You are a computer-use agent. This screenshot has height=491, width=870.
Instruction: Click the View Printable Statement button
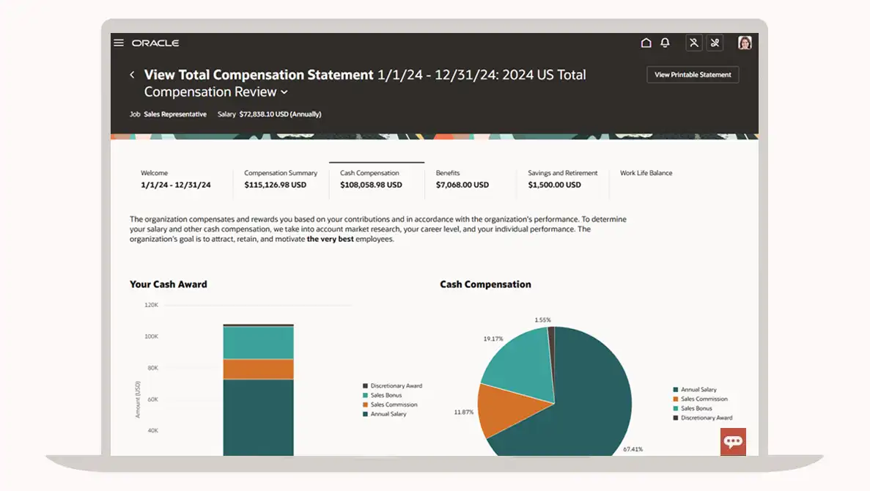(x=693, y=75)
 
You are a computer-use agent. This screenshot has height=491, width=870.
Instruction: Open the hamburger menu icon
(x=119, y=43)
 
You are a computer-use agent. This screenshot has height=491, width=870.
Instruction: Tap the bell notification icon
(x=665, y=43)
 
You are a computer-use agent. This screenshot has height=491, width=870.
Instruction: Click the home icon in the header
(x=646, y=43)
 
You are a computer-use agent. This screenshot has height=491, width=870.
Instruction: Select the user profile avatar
(x=745, y=43)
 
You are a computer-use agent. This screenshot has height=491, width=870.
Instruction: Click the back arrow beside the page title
(x=132, y=75)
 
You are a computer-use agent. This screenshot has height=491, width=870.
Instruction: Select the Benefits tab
(x=462, y=179)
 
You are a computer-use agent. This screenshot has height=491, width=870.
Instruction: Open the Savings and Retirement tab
(x=562, y=179)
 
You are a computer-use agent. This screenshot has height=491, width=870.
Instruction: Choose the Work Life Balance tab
(x=646, y=174)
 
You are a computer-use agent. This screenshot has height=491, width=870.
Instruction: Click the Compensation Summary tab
(x=281, y=179)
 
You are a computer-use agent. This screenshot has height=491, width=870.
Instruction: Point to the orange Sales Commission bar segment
(x=258, y=369)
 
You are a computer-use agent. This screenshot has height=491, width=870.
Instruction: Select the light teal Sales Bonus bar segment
(x=258, y=342)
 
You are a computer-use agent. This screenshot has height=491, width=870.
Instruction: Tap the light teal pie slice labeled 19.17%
(x=517, y=358)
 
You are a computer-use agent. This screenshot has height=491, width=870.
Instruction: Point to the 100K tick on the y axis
(x=151, y=336)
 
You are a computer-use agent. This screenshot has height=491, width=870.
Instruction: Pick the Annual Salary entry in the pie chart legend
(x=698, y=390)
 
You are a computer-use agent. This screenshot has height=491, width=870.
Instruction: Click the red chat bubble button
(x=733, y=442)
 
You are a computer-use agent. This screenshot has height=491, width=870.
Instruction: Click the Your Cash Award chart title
(x=169, y=284)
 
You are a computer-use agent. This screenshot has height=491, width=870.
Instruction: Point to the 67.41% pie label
(x=633, y=448)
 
